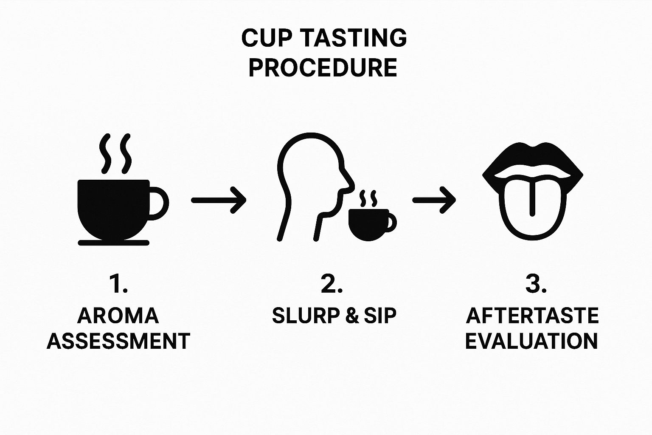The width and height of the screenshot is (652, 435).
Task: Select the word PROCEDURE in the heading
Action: tap(323, 68)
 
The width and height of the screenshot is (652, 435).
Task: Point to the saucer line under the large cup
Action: tap(114, 243)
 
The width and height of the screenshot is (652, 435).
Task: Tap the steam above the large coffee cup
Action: tap(115, 154)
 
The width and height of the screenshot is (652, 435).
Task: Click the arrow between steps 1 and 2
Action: tap(219, 200)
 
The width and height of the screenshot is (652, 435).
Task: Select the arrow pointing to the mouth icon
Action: tap(434, 200)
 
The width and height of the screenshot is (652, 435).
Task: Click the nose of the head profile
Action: tap(349, 183)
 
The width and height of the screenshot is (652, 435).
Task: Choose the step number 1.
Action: tap(118, 284)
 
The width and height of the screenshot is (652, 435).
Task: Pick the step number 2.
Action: tap(332, 284)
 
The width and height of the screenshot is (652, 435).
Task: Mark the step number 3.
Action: tap(535, 284)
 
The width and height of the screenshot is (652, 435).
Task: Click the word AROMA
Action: tap(118, 316)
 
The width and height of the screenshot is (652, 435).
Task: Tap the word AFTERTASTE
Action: tap(532, 316)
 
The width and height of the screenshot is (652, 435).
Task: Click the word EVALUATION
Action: tap(531, 341)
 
